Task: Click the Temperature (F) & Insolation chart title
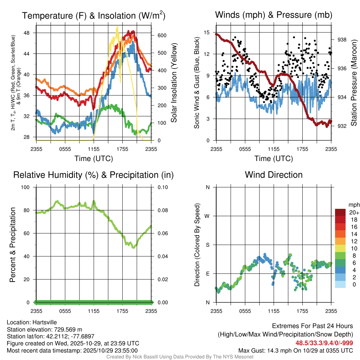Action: [94, 15]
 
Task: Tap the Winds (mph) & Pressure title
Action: [274, 15]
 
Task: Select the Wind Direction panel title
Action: [274, 175]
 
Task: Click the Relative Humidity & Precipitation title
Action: [94, 175]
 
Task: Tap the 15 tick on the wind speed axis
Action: [207, 33]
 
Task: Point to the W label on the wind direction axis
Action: [208, 216]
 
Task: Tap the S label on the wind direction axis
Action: [208, 245]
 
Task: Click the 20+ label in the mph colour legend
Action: [353, 213]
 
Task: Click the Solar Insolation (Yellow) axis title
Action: [174, 83]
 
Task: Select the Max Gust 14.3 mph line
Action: [295, 351]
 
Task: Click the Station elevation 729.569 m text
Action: [44, 329]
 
